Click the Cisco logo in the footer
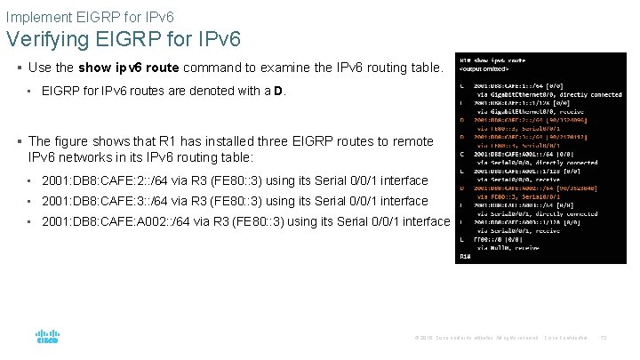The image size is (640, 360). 46,337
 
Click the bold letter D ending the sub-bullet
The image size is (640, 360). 277,91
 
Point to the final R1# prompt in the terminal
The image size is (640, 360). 464,256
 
